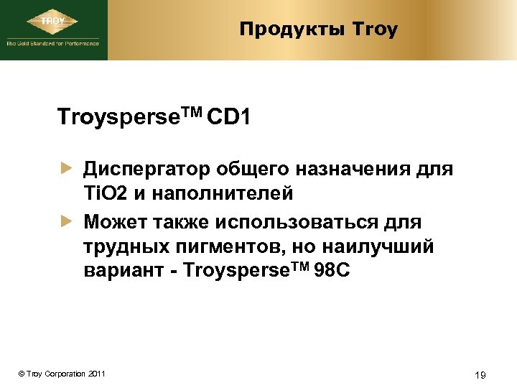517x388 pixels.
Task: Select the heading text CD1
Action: coord(228,116)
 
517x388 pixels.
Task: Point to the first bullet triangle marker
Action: coord(66,170)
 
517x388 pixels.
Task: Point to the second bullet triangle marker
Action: coord(66,222)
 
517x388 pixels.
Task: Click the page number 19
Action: coord(482,374)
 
